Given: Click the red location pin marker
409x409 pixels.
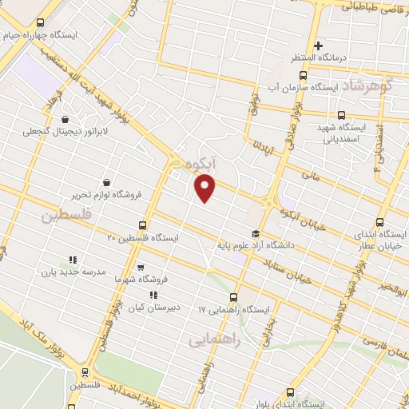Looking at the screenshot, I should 205,189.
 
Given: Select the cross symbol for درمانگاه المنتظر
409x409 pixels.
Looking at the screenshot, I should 318,46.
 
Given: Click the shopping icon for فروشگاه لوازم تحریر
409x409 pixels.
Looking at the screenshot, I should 107,181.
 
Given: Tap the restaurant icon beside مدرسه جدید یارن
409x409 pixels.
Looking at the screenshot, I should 72,260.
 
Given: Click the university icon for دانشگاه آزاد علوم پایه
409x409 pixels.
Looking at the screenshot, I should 255,233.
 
